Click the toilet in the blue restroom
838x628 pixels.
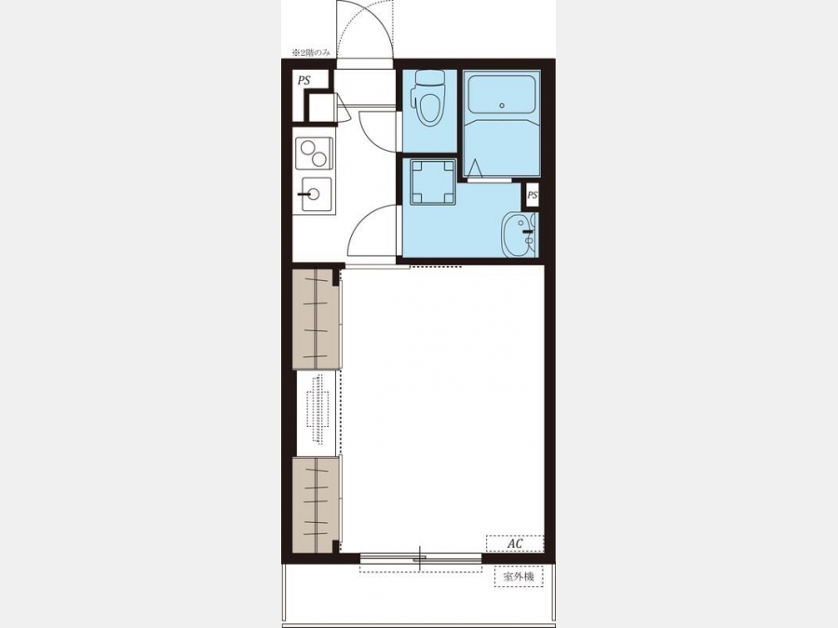(x=429, y=99)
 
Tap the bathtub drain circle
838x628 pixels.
(x=502, y=106)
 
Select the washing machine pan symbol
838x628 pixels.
(x=433, y=182)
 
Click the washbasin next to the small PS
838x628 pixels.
(x=519, y=234)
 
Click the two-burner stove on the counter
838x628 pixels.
(x=314, y=154)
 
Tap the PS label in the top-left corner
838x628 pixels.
(x=304, y=81)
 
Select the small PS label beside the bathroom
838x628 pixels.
(x=533, y=195)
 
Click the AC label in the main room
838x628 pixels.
(x=515, y=543)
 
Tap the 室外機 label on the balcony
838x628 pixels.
(x=519, y=576)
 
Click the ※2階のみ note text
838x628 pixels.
(x=311, y=52)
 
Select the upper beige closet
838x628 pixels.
(x=316, y=319)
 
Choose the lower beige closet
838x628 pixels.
(x=316, y=504)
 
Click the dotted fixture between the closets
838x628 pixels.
(x=318, y=409)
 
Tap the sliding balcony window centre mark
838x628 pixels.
(x=420, y=558)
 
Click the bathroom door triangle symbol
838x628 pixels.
(x=475, y=168)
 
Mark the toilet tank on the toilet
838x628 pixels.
(x=429, y=78)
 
